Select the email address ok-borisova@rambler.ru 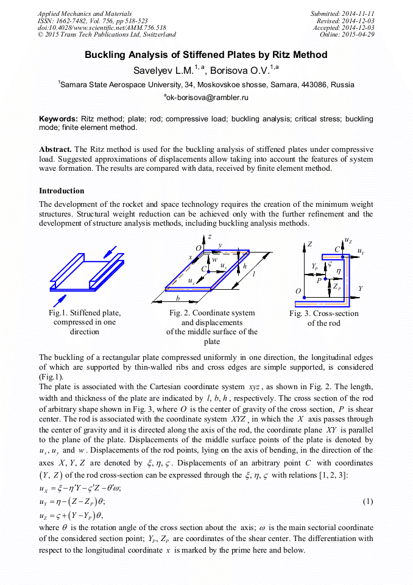point(207,97)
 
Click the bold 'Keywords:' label point(58,118)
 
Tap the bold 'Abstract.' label point(55,149)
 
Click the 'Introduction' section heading point(62,191)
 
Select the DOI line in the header point(101,27)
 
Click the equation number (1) point(367,501)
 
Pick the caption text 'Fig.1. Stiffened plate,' point(84,313)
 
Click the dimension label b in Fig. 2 point(178,298)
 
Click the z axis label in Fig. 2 point(210,235)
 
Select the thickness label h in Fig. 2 point(244,267)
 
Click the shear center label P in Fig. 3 point(320,280)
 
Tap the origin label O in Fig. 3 point(298,292)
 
